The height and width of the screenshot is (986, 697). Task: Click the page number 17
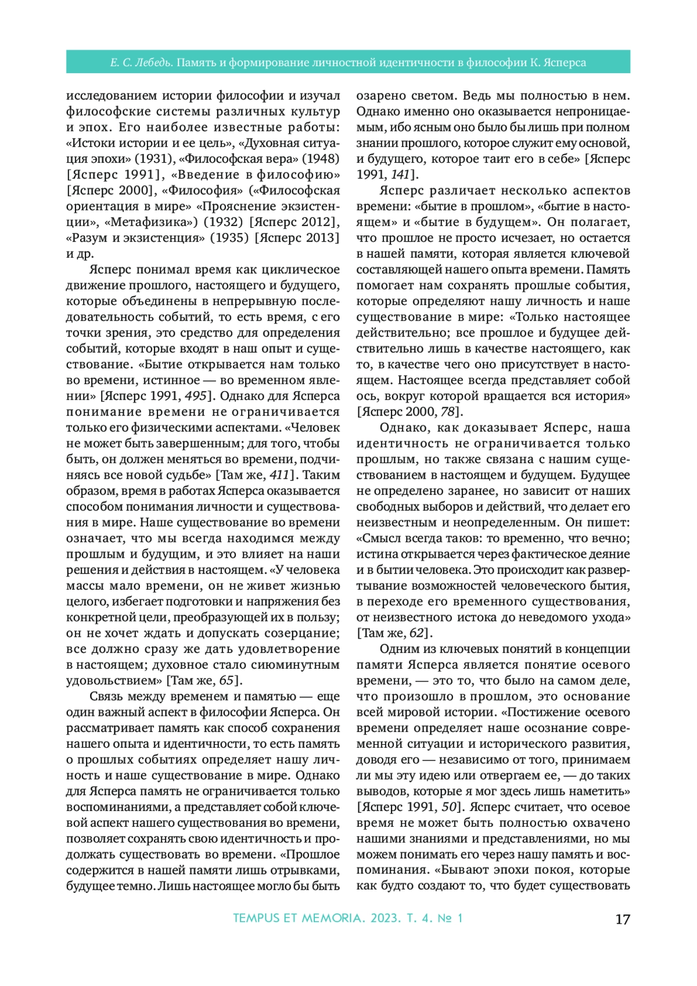coord(622,919)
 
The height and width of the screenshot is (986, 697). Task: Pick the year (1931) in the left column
coord(155,159)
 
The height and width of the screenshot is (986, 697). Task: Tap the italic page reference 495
coord(196,396)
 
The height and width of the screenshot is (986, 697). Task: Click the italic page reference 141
coord(400,174)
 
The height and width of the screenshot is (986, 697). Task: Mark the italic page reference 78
coord(447,412)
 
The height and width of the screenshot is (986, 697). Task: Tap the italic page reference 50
coord(450,807)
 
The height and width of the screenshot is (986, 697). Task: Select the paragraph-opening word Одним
coord(398,649)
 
